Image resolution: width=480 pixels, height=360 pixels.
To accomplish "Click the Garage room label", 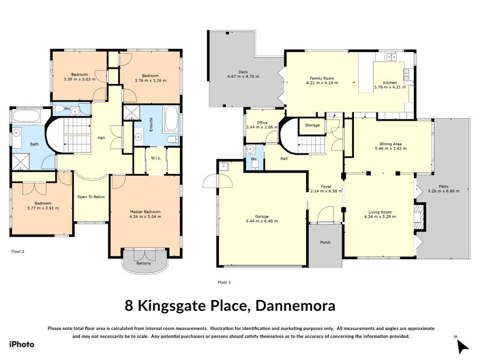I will pyautogui.click(x=262, y=216).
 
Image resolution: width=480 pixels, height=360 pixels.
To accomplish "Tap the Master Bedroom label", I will pyautogui.click(x=146, y=212).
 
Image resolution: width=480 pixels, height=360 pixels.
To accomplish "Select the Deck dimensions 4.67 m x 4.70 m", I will pyautogui.click(x=242, y=77).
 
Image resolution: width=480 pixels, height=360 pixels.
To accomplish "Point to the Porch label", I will pyautogui.click(x=325, y=242).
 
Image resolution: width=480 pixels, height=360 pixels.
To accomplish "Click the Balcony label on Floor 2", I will pyautogui.click(x=142, y=263).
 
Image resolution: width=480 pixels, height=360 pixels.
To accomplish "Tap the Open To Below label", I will pyautogui.click(x=91, y=196).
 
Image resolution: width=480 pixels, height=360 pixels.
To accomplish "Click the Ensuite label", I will pyautogui.click(x=152, y=124).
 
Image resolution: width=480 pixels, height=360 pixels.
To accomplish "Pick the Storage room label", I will pyautogui.click(x=312, y=125).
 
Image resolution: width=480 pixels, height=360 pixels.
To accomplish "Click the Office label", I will pyautogui.click(x=262, y=122).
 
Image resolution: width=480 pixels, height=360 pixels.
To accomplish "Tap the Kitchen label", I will pyautogui.click(x=389, y=82).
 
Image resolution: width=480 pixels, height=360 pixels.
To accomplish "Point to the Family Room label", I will pyautogui.click(x=322, y=79).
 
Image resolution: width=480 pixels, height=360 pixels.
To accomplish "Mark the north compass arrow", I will pyautogui.click(x=463, y=346).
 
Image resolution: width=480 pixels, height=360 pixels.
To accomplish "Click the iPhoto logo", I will pyautogui.click(x=22, y=344).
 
